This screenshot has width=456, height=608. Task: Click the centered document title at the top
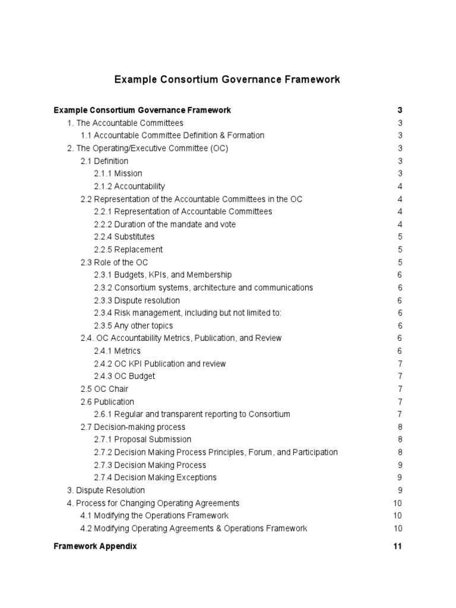tap(227, 79)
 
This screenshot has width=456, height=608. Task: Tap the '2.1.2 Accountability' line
tap(129, 186)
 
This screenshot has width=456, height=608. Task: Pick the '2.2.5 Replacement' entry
tap(128, 249)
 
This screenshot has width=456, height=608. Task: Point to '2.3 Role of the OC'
tap(114, 262)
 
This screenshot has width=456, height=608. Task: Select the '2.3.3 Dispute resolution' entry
tap(137, 300)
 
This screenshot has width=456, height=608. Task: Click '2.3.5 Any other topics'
tap(133, 325)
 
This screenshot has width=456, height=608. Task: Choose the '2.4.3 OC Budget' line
tap(124, 376)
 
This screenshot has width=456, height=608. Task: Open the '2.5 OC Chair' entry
tap(104, 389)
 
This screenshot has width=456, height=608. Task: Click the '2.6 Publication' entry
tap(107, 402)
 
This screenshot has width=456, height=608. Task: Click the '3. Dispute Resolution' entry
tap(106, 490)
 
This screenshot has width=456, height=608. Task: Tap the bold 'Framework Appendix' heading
tap(95, 546)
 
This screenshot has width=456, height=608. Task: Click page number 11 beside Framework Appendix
tap(397, 546)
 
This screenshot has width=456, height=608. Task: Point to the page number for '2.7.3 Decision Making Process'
tap(400, 465)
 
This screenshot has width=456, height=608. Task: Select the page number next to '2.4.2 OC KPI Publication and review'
tap(400, 363)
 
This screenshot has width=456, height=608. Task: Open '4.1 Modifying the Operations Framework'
tap(154, 516)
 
